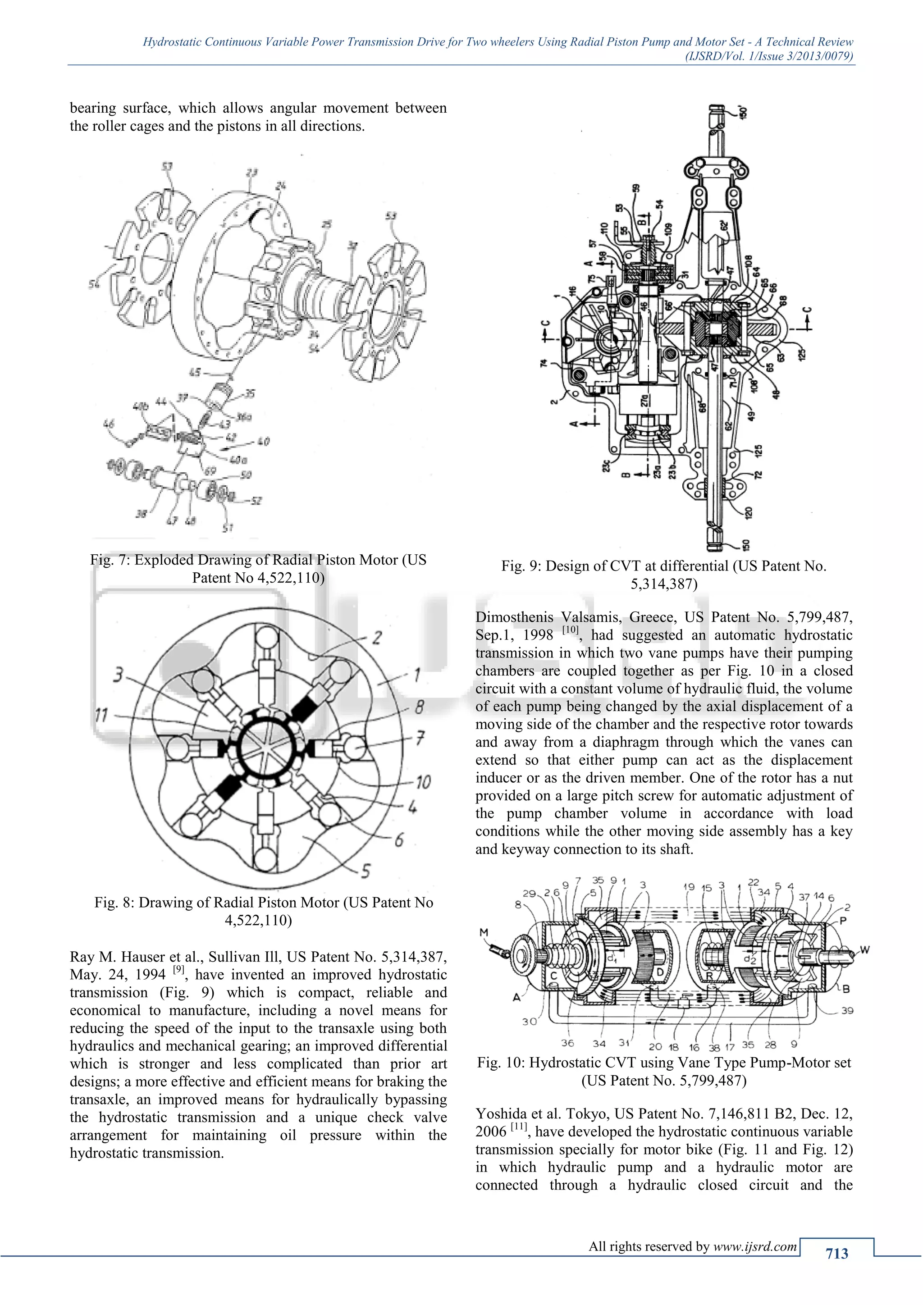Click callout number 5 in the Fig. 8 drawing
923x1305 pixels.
pyautogui.click(x=366, y=870)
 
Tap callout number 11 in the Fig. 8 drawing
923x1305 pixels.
pyautogui.click(x=102, y=714)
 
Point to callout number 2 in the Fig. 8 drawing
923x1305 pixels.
pyautogui.click(x=376, y=638)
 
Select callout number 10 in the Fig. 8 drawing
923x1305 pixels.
pyautogui.click(x=423, y=782)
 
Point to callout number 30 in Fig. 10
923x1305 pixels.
pyautogui.click(x=530, y=1022)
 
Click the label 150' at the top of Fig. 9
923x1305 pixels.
pyautogui.click(x=743, y=112)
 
